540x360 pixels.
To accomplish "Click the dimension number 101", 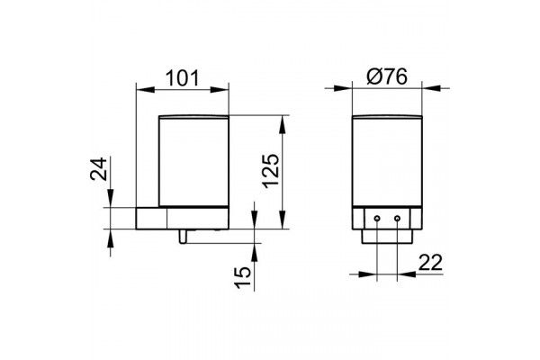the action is [x=183, y=78].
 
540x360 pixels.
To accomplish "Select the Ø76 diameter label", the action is [x=387, y=76].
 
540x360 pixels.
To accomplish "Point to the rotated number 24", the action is [x=99, y=169].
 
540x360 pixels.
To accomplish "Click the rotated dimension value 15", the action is [x=243, y=277].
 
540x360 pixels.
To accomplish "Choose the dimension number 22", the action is [x=430, y=263].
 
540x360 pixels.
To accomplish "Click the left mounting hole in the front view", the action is [x=377, y=219].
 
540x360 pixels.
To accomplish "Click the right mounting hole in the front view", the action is [x=397, y=219].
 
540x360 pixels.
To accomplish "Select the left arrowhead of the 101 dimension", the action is [x=145, y=89].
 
